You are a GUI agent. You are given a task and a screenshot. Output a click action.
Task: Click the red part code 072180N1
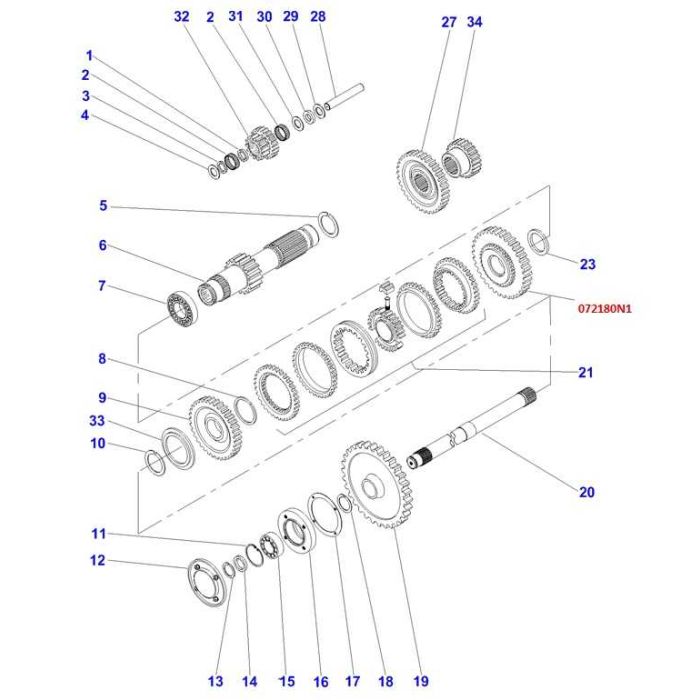pos(605,309)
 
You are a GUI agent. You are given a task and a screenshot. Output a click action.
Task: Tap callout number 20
pos(586,491)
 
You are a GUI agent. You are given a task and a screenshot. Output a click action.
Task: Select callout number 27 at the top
pos(449,22)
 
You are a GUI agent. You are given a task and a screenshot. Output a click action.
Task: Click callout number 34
pos(474,22)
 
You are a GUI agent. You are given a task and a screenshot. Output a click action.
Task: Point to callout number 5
pos(102,206)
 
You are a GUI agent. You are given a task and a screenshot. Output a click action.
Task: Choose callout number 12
pos(98,561)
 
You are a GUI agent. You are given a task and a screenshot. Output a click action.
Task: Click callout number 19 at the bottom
pos(421,681)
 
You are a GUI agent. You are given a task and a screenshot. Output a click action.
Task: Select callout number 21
pos(586,373)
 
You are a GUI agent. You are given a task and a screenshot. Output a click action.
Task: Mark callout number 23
pos(587,264)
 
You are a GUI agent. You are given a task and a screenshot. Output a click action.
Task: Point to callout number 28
pos(318,17)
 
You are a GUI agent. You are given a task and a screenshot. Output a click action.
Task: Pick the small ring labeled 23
pos(537,241)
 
